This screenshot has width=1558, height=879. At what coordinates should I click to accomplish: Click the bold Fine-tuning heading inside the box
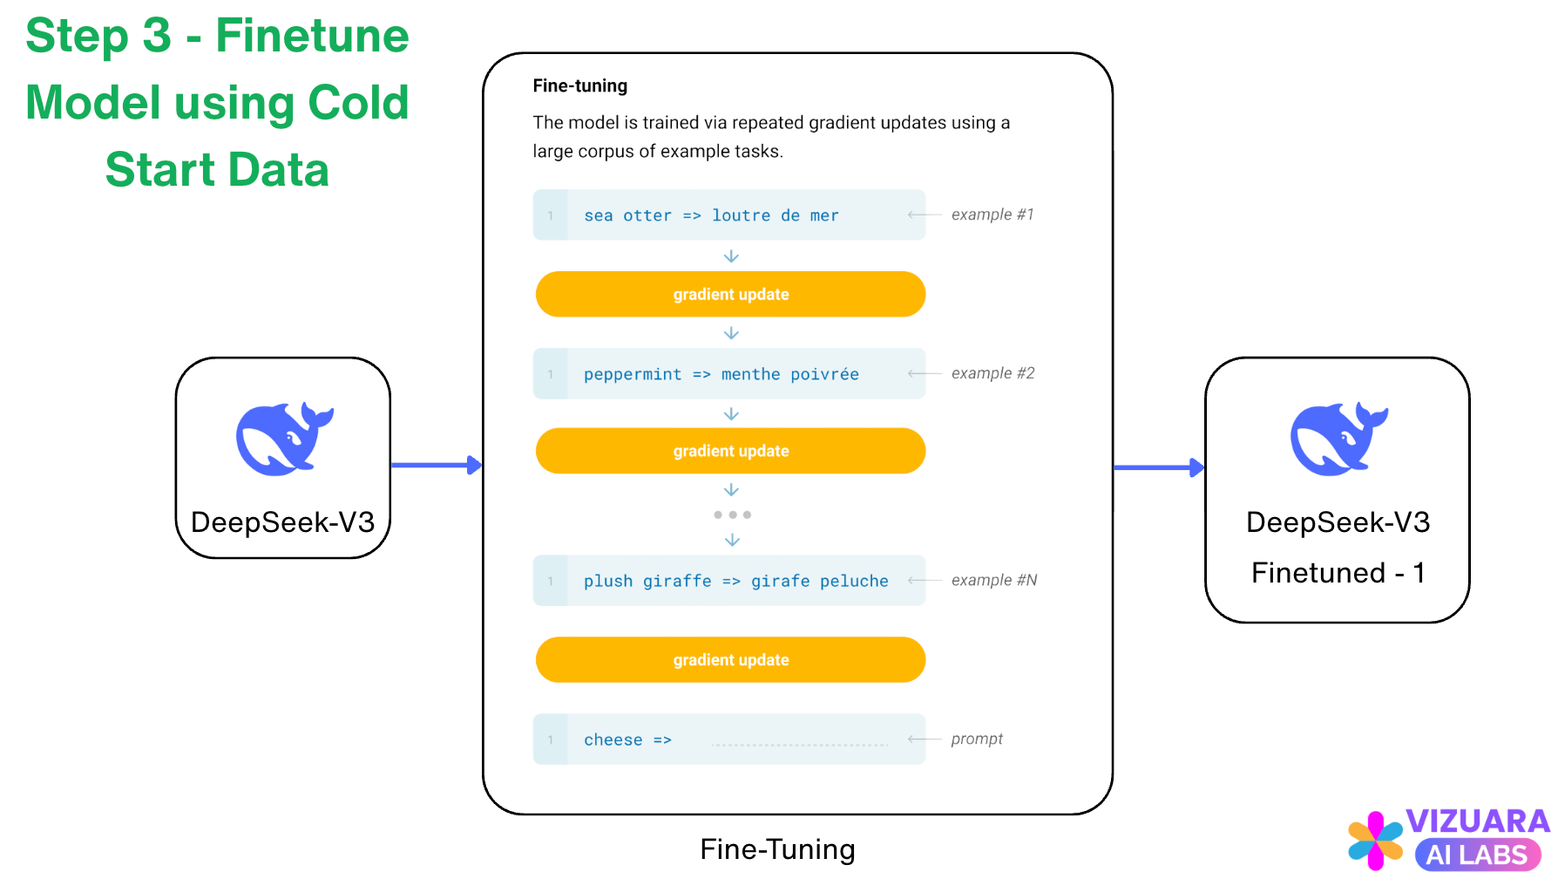579,85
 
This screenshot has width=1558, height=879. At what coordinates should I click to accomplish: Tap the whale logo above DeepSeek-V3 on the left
284,439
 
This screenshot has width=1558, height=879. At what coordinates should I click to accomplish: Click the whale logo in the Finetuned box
1338,439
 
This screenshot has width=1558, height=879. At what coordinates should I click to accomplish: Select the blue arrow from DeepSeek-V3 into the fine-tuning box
436,465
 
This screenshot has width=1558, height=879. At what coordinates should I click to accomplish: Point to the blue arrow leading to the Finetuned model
1158,467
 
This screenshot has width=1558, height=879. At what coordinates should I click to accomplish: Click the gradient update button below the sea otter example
730,295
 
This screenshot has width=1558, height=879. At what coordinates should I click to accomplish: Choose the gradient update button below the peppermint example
730,451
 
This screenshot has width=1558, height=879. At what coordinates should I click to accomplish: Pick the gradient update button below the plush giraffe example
730,660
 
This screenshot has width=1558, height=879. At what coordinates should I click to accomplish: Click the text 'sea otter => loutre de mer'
711,215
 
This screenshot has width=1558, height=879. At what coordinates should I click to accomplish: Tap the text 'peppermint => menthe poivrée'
721,374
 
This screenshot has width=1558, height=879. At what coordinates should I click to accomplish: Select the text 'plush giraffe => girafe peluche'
735,581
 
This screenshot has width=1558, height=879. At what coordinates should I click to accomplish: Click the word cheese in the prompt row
613,739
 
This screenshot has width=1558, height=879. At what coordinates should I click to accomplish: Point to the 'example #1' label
992,215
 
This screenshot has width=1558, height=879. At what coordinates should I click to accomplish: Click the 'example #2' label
992,373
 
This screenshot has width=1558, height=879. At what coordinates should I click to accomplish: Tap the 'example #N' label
993,580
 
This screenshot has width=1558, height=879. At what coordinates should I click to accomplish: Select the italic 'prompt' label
977,739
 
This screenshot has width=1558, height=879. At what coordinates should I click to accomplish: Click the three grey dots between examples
732,514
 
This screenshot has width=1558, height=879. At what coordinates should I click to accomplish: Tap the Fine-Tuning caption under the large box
777,848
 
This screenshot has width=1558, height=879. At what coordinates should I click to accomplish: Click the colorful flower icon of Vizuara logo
1375,841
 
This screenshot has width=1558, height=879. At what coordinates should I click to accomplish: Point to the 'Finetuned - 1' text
1338,572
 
